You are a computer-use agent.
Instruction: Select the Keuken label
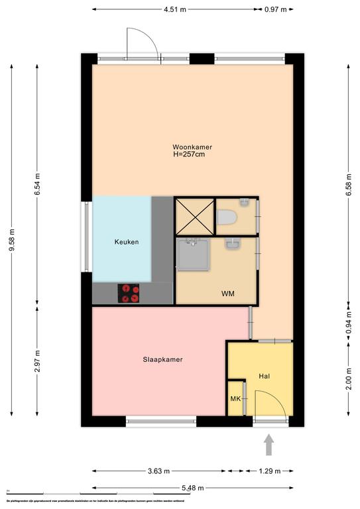click(x=126, y=242)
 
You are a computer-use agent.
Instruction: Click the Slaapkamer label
click(x=162, y=360)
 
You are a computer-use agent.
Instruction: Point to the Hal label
click(x=265, y=376)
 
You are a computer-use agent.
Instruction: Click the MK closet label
click(x=235, y=399)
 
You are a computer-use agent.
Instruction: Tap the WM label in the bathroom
click(x=227, y=293)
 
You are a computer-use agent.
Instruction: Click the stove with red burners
click(x=129, y=293)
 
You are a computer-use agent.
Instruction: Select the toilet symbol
click(x=225, y=217)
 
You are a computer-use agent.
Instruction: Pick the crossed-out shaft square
click(x=194, y=216)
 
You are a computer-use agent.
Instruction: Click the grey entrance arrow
click(x=269, y=444)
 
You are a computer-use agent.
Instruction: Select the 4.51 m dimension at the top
click(x=174, y=9)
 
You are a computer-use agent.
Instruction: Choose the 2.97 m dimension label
click(x=37, y=362)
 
